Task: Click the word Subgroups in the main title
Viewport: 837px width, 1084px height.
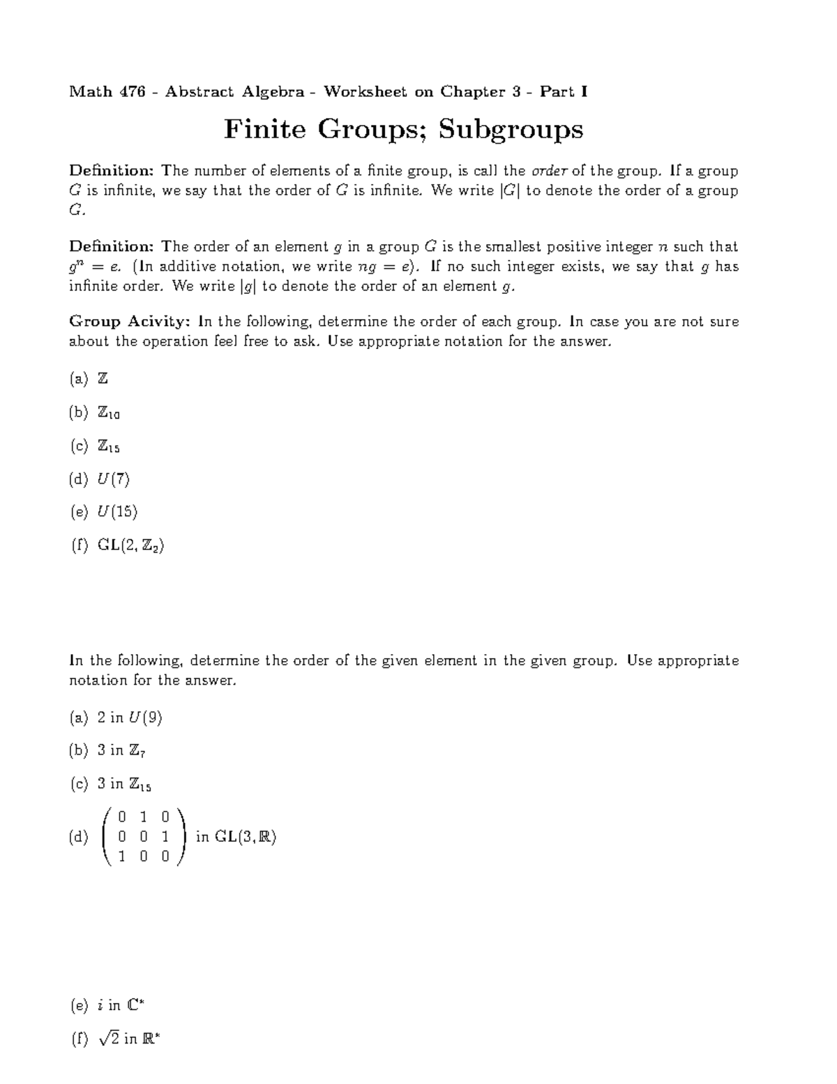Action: click(511, 130)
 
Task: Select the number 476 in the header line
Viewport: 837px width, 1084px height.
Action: click(132, 91)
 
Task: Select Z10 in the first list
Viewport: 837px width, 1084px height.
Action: click(109, 413)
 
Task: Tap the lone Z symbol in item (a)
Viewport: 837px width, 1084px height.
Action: click(103, 379)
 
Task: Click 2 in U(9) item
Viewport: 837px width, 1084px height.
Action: click(130, 718)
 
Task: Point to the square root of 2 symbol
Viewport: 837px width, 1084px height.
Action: click(109, 1039)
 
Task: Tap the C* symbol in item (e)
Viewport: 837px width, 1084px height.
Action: click(136, 1006)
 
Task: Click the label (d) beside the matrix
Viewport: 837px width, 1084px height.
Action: click(79, 838)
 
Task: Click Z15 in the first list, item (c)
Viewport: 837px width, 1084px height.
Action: click(109, 447)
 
